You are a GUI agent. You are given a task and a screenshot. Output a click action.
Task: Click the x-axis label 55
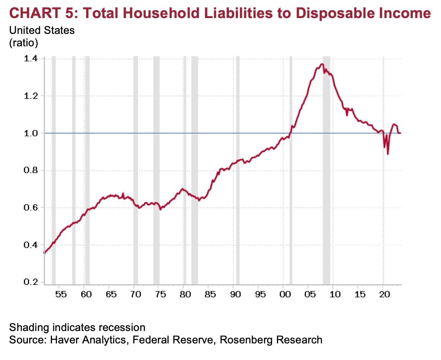click(61, 294)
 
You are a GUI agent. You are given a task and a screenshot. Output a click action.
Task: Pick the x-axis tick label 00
click(285, 294)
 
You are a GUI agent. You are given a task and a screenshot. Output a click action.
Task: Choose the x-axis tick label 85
click(210, 294)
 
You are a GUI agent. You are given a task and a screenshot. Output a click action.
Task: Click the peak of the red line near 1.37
click(321, 64)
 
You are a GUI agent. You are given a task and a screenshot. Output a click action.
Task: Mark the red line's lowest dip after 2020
click(388, 154)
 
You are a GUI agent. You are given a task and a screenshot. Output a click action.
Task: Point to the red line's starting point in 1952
click(44, 253)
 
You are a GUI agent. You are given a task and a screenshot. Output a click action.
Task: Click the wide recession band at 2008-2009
click(326, 169)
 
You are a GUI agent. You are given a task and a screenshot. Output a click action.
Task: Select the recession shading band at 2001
click(290, 169)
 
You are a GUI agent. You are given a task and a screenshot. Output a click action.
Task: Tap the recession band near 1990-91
click(237, 169)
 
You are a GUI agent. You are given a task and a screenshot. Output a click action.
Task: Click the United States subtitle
click(42, 31)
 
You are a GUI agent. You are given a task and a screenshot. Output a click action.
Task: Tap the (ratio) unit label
click(24, 43)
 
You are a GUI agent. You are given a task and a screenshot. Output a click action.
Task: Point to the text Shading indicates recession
click(77, 327)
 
